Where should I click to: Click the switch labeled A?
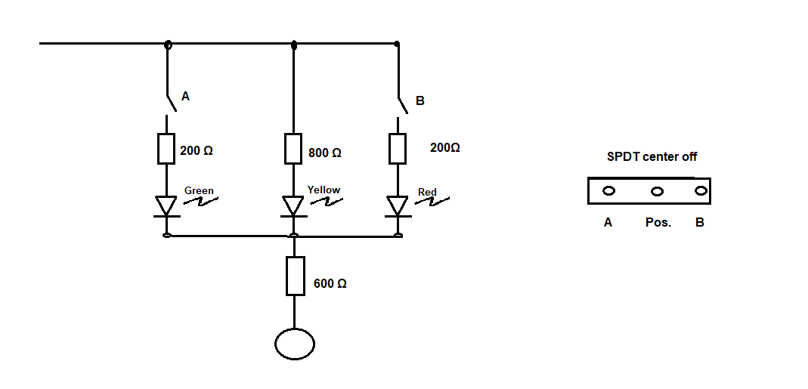coord(172,103)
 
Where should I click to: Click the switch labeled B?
coord(402,105)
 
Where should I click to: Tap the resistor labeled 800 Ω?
coord(293,149)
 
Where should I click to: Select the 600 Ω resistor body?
coord(296,276)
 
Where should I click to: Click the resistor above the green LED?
coord(166,148)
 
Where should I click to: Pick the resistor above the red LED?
coord(398,148)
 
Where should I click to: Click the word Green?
coord(199,190)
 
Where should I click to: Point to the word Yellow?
coord(324,190)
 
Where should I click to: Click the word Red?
coord(427,192)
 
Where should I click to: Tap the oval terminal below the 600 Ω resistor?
coord(295,344)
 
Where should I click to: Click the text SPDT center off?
coord(652,156)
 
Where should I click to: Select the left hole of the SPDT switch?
coord(608,191)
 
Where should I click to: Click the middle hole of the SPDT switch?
coord(657,192)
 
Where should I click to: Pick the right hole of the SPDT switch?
coord(700,190)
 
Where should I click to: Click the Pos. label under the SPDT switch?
coord(658,223)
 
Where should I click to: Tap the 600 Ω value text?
coord(330,284)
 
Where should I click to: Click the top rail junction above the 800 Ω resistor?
coord(294,45)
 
